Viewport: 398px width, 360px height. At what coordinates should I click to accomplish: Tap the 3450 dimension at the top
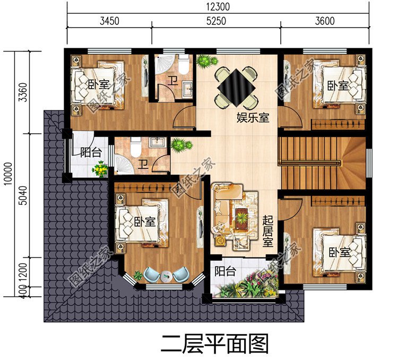tap(109, 21)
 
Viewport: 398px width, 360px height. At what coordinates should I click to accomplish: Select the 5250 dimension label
tap(216, 21)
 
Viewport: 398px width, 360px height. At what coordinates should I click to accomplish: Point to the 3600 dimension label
tap(324, 21)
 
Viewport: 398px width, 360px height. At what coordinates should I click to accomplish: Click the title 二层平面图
tap(215, 344)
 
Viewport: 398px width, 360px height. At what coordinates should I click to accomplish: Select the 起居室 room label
tap(269, 231)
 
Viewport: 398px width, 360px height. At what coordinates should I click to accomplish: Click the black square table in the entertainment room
tap(236, 84)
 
